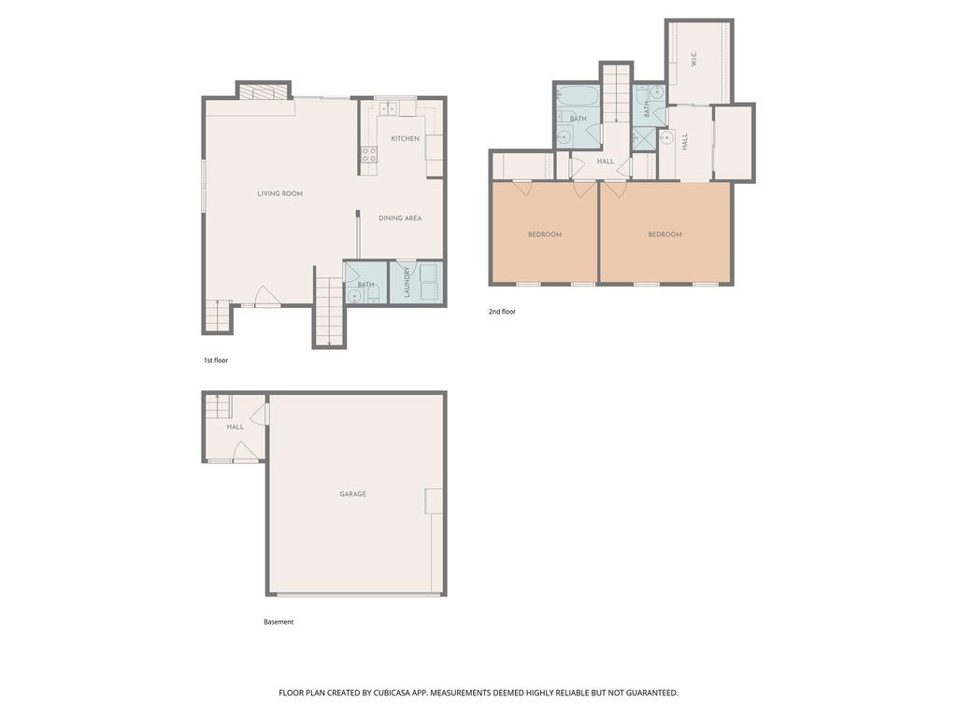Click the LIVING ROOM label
[279, 193]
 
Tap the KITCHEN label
[406, 138]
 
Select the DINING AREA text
[400, 218]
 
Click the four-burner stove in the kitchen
[368, 154]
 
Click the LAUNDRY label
[407, 282]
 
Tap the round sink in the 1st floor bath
[353, 296]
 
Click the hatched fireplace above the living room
[263, 91]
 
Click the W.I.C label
[693, 59]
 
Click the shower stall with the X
[643, 138]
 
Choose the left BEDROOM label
[545, 234]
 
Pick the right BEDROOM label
[664, 234]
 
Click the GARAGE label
[352, 494]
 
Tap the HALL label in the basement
[235, 427]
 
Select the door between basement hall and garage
[261, 414]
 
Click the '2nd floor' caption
[502, 312]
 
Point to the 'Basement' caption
[279, 622]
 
